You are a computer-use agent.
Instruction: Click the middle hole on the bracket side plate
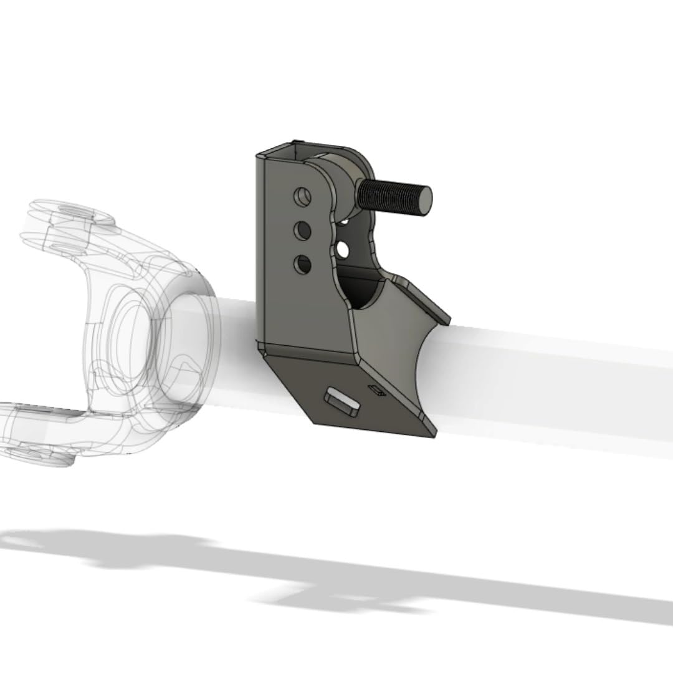pos(303,231)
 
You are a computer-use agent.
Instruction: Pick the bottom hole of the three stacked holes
pos(303,264)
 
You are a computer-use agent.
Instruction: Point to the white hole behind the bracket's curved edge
pos(343,249)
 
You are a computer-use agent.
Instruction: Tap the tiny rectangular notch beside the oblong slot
pos(376,390)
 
